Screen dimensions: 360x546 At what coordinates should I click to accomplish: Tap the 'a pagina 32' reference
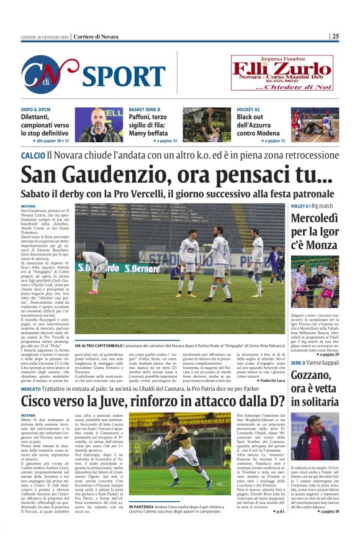166,141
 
